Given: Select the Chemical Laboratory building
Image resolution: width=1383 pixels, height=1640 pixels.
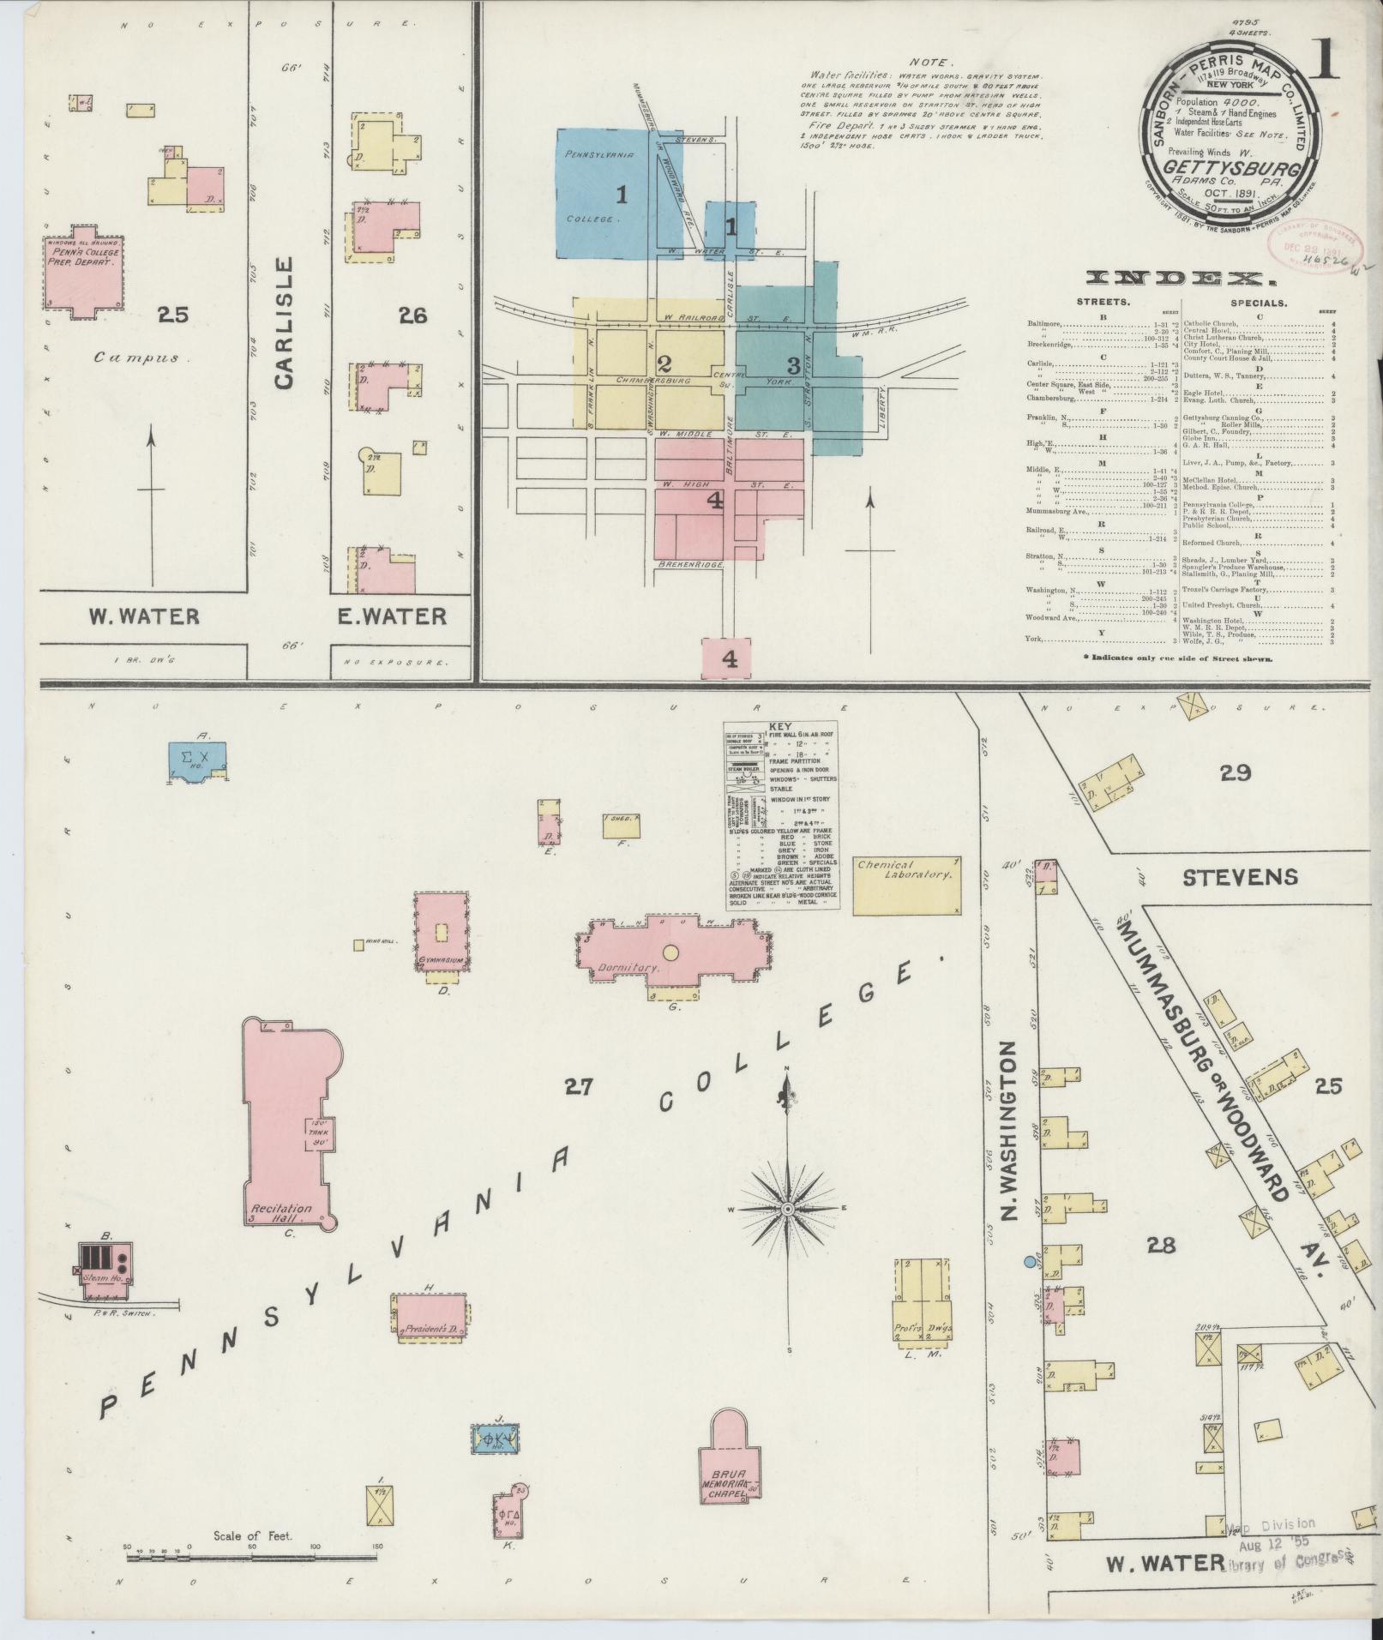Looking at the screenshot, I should [906, 883].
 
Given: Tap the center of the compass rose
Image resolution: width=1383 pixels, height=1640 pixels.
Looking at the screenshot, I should [787, 1208].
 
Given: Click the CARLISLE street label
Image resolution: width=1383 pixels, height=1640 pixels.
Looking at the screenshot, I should [286, 322].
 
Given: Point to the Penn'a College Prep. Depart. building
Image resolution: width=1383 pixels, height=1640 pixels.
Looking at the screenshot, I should [82, 272].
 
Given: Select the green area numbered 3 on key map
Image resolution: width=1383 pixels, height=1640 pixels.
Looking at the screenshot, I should [793, 364].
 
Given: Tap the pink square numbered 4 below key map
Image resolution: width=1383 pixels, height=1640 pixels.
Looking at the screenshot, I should [729, 658].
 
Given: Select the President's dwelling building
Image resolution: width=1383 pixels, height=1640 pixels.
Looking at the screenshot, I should [431, 1329].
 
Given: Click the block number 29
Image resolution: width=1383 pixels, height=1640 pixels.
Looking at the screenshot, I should [1235, 773].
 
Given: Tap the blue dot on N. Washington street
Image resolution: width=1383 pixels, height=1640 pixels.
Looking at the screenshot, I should [1028, 1262].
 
